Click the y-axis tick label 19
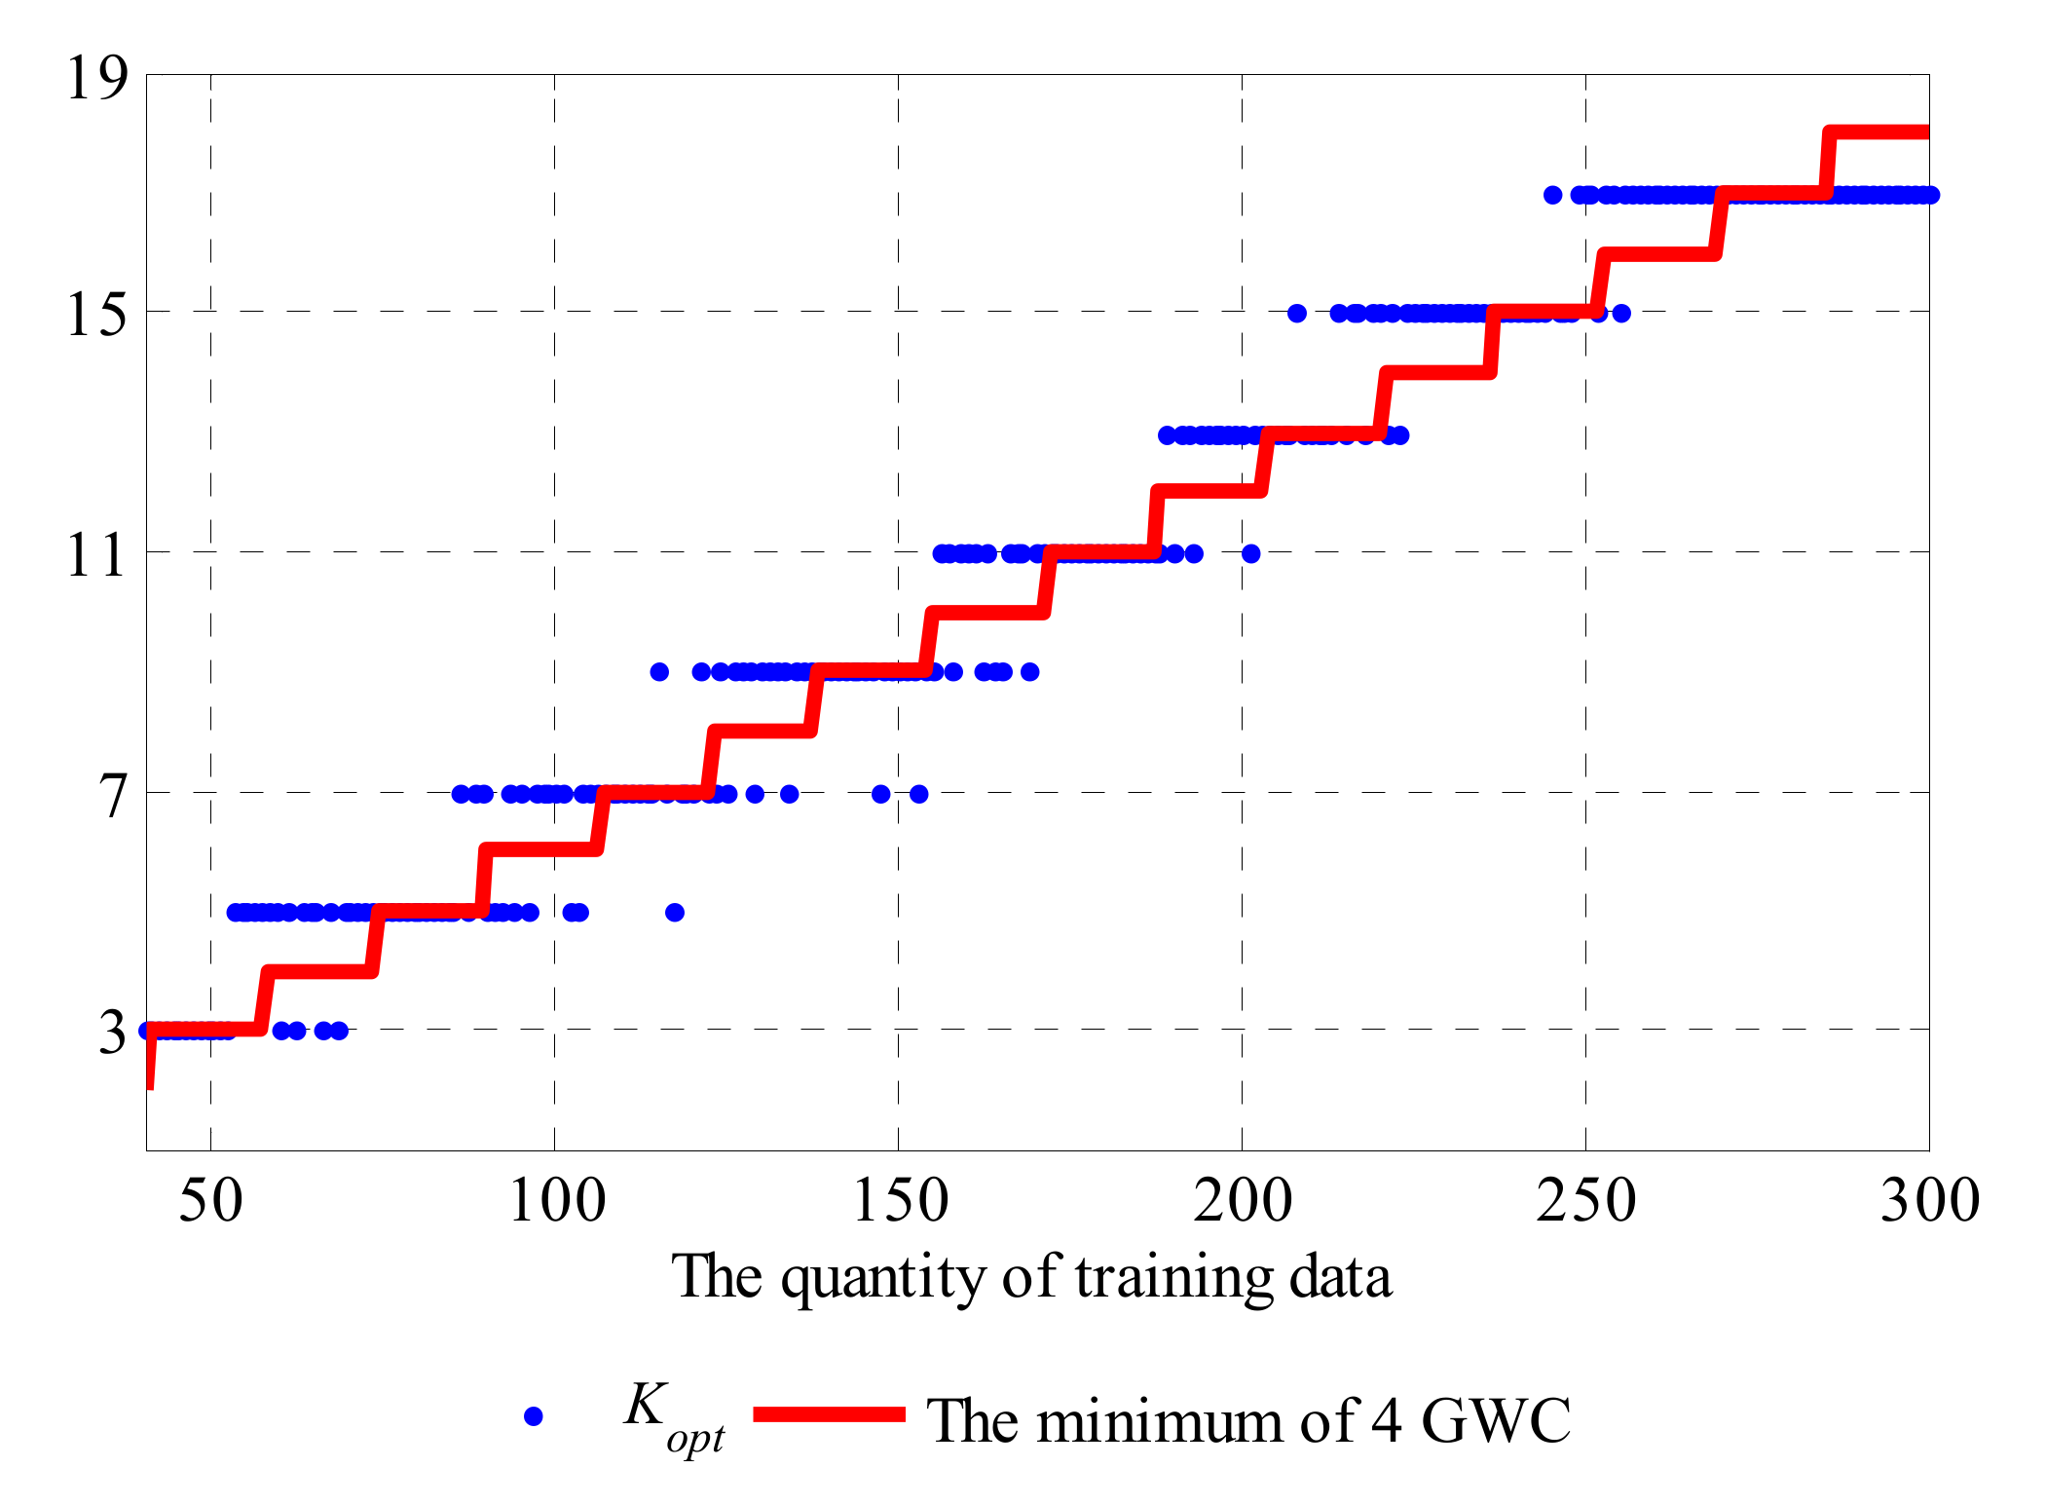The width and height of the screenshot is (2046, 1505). [96, 79]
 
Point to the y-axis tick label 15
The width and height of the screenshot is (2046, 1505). [96, 316]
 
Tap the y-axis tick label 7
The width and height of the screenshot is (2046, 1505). [114, 797]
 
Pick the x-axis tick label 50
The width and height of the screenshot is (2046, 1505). [210, 1201]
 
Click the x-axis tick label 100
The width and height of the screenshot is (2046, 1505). [556, 1201]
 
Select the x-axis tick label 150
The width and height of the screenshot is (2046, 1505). [900, 1201]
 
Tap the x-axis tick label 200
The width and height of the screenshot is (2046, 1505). [1243, 1201]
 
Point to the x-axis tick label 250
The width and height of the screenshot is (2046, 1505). [1585, 1201]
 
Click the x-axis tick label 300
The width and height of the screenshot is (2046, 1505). [1928, 1201]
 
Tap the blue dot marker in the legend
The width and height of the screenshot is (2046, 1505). [533, 1416]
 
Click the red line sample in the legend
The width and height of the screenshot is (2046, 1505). [830, 1414]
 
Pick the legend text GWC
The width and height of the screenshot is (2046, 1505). [1496, 1421]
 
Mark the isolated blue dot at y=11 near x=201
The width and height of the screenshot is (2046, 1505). [1251, 553]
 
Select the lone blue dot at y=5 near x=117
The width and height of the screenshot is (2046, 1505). [675, 912]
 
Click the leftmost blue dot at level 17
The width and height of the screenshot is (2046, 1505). [1553, 195]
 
